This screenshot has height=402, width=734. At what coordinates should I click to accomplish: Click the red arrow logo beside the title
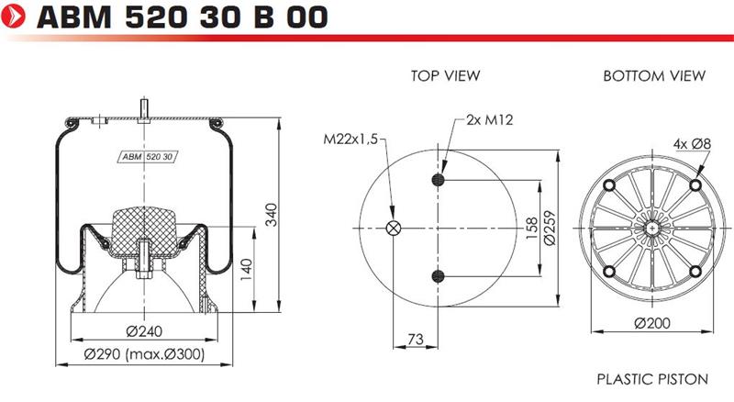pos(14,17)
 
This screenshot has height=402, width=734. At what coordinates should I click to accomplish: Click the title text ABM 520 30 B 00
pos(183,17)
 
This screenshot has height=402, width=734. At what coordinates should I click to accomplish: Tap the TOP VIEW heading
pos(446,75)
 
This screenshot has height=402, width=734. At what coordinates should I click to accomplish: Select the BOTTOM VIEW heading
pos(654,75)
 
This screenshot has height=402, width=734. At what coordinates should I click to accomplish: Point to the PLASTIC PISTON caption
pos(652,378)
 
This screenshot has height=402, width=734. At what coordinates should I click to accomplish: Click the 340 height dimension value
pos(271,215)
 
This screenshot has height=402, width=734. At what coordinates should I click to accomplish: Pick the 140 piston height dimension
pos(246,270)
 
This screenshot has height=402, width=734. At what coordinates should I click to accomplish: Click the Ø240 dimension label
pos(144,330)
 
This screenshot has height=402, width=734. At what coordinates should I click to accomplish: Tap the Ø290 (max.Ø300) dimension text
pos(144,353)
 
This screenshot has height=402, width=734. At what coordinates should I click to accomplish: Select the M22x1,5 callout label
pos(350,140)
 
